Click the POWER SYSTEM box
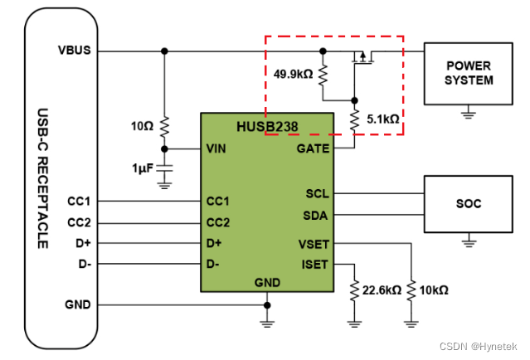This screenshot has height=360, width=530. pyautogui.click(x=469, y=73)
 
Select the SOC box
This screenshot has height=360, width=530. pyautogui.click(x=469, y=203)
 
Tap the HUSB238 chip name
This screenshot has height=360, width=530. pyautogui.click(x=267, y=127)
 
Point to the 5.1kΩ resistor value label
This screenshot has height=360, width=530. pyautogui.click(x=382, y=119)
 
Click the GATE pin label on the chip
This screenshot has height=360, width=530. pyautogui.click(x=313, y=149)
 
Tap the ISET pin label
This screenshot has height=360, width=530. pyautogui.click(x=314, y=265)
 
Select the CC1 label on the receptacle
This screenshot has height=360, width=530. pyautogui.click(x=80, y=201)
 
